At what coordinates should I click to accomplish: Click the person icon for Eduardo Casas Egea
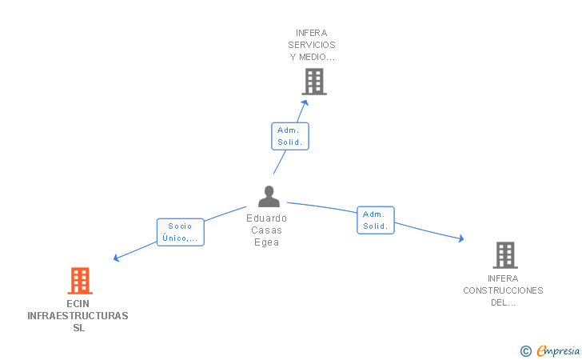pos(269,197)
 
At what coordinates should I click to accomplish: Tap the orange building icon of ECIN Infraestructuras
pos(80,281)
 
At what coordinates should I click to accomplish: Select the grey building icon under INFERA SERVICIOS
pos(314,82)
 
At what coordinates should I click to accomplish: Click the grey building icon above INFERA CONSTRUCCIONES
pos(505,255)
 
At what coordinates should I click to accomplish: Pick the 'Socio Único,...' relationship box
pos(181,232)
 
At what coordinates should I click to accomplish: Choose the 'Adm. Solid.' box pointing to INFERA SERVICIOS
pos(290,136)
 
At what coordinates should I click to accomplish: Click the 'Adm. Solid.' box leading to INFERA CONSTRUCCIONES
pos(376,220)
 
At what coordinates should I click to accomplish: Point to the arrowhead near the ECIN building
pos(116,258)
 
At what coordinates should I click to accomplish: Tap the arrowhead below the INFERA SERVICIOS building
pos(305,102)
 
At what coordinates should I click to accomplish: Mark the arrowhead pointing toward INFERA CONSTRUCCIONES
pos(461,238)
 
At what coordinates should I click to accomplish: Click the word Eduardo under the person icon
pos(266,218)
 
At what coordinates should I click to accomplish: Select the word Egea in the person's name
pos(266,242)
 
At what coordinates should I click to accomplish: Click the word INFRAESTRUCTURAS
pos(78,316)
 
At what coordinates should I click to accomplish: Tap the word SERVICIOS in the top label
pos(312,45)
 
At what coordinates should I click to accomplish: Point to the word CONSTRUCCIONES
pos(503,290)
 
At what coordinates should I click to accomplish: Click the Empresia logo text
pos(558,350)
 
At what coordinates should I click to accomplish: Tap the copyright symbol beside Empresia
pos(526,351)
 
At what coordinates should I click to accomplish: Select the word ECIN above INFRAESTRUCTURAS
pos(78,304)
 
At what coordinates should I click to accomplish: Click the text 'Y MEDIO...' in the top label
pos(312,57)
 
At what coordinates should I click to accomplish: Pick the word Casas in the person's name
pos(266,230)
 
